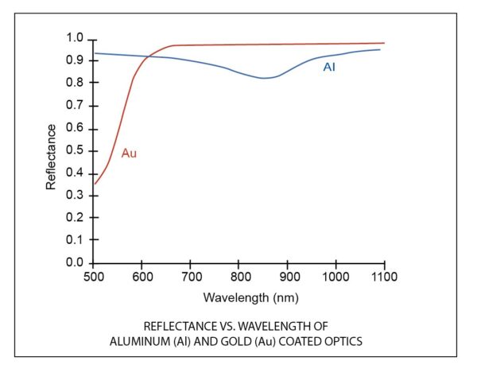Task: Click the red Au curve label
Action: pos(129,153)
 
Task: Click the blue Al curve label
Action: pos(329,68)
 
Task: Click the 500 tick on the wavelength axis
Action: pos(93,277)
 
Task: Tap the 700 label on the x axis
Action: pos(191,277)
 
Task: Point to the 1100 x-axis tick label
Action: pos(385,277)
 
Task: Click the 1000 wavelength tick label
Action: pos(335,277)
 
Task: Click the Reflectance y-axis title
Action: pos(51,156)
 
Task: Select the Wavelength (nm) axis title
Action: pos(238,298)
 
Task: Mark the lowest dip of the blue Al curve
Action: pos(264,78)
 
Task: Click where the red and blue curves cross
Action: pos(149,56)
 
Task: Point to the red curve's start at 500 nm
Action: pos(95,184)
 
